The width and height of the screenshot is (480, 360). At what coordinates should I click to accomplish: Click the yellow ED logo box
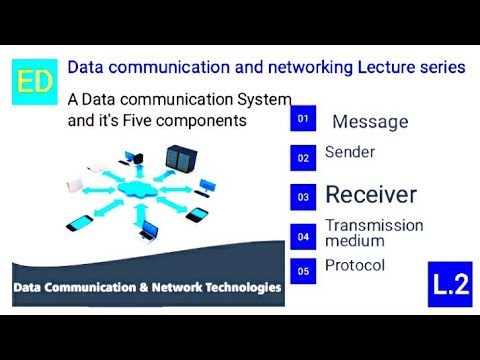[35, 82]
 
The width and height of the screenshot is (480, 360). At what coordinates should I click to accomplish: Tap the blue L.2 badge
[450, 285]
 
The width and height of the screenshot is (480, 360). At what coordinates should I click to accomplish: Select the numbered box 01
[304, 119]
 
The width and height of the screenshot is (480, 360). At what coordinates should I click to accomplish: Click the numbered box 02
[304, 157]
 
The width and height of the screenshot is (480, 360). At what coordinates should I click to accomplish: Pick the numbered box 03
[304, 197]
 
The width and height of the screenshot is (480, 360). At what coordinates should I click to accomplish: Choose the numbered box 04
[304, 236]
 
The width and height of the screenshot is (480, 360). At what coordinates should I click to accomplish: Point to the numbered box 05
[304, 270]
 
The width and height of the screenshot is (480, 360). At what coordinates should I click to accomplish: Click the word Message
[370, 122]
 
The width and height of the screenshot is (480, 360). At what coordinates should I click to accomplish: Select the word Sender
[350, 152]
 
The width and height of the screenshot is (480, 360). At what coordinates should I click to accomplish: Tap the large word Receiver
[371, 194]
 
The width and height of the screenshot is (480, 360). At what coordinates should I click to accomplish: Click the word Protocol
[355, 265]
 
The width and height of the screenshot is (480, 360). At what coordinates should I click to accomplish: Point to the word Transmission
[374, 226]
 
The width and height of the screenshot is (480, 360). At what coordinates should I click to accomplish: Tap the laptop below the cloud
[148, 232]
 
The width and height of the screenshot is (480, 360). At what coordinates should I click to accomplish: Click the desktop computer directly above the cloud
[130, 157]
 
